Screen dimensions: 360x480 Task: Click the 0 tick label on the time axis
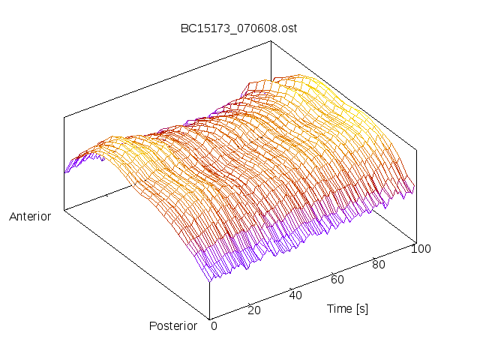[x=214, y=326]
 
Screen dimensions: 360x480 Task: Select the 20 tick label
[x=255, y=310]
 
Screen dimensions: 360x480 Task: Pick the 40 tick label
[x=295, y=295]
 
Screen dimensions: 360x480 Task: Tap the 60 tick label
[x=337, y=280]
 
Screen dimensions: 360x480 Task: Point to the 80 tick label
[x=379, y=264]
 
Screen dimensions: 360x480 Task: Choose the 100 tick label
[x=421, y=249]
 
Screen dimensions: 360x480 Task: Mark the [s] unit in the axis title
[x=361, y=308]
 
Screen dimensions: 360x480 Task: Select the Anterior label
[x=30, y=217]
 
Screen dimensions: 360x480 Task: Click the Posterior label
[x=173, y=326]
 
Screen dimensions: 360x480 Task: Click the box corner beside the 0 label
[x=210, y=318]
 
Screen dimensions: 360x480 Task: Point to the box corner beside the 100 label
[x=416, y=241]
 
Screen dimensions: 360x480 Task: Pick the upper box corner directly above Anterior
[x=64, y=117]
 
